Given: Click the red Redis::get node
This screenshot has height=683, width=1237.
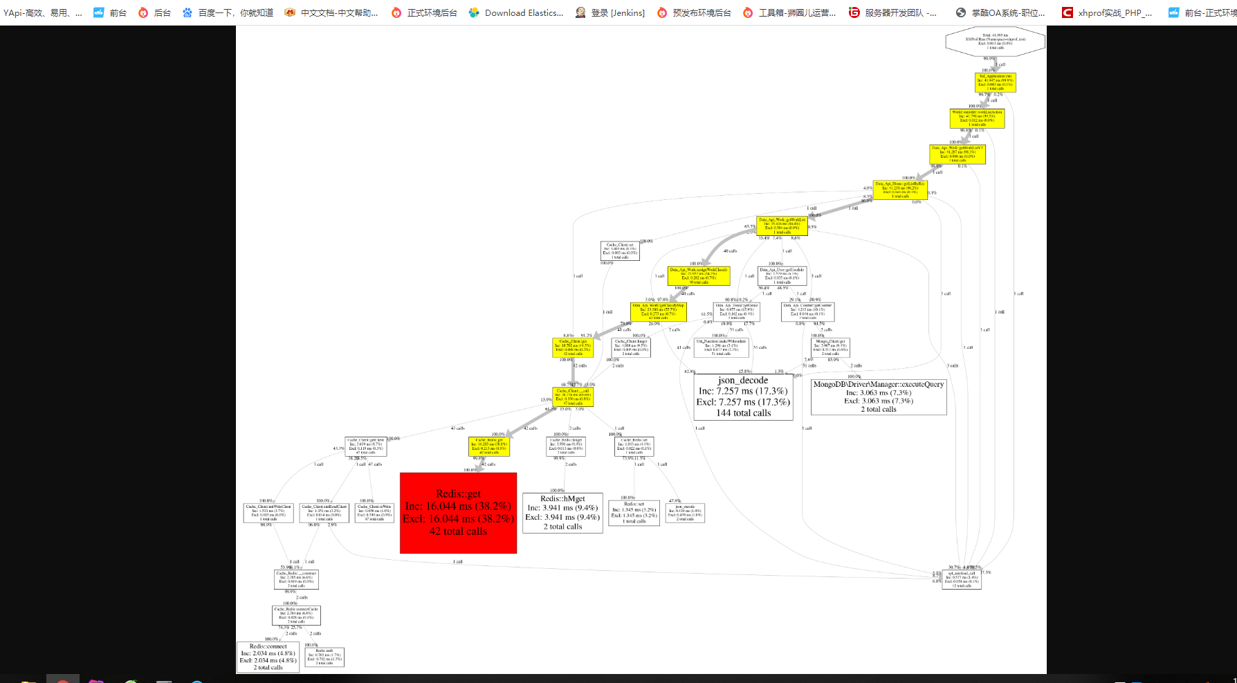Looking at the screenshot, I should coord(458,513).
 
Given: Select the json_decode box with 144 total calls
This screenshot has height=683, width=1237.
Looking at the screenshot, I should coord(743,397).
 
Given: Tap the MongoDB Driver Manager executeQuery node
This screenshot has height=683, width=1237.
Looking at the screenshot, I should coord(878,397).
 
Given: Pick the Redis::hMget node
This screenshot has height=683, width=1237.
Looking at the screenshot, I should coord(562,513).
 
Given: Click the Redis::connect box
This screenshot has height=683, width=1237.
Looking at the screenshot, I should coord(268,657).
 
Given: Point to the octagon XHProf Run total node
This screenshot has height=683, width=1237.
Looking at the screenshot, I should coord(995,41).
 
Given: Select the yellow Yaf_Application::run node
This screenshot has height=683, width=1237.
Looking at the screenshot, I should coord(995,82).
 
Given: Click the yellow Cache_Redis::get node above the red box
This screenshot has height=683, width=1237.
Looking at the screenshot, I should coord(489,446).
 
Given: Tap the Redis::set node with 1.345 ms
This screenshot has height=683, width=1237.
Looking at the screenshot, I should coord(634,513).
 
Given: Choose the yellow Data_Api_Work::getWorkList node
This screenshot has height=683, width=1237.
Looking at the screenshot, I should coord(782,226).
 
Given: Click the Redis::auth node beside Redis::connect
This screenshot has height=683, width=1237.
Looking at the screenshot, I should coord(324,657).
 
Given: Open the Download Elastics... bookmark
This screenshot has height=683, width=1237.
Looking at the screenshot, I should coord(517,12).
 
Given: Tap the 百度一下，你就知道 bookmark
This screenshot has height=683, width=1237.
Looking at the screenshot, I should coord(228,12).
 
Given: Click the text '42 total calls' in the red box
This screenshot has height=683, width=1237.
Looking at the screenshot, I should coord(458,531).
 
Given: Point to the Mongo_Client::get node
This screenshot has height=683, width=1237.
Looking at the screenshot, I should coord(830,347).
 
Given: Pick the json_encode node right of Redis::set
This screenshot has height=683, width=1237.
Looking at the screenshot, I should coord(685,513).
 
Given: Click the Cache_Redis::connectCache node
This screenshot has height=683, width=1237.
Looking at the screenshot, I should coord(296,615).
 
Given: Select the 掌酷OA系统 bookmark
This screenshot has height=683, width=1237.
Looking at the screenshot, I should coord(1000,12).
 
